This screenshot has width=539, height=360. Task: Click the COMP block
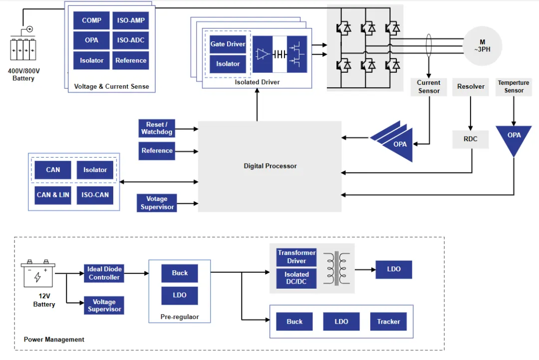coord(91,20)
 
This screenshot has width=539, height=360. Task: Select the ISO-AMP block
coord(130,20)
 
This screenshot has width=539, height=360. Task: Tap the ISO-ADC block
coord(130,40)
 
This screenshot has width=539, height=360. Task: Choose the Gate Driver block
coord(228,44)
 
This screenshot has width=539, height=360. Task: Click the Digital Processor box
coord(270,166)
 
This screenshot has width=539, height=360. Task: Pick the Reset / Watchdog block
coord(157,128)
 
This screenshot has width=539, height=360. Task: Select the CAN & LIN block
coord(53,195)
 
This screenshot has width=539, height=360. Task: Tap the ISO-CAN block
coord(95,195)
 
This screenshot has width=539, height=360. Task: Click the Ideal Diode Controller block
coord(104,273)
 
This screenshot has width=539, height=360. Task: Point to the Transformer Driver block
coord(296,257)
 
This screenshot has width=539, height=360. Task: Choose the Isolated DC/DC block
coord(296,278)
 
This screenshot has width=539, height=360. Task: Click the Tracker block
coord(388,322)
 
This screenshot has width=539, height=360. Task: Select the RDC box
coord(470,139)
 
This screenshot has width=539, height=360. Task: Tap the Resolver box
coord(471,87)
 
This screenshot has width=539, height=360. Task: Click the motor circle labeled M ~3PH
coord(482,46)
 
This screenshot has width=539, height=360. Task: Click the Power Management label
coord(54,340)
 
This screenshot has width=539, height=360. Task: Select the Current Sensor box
coord(429,87)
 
